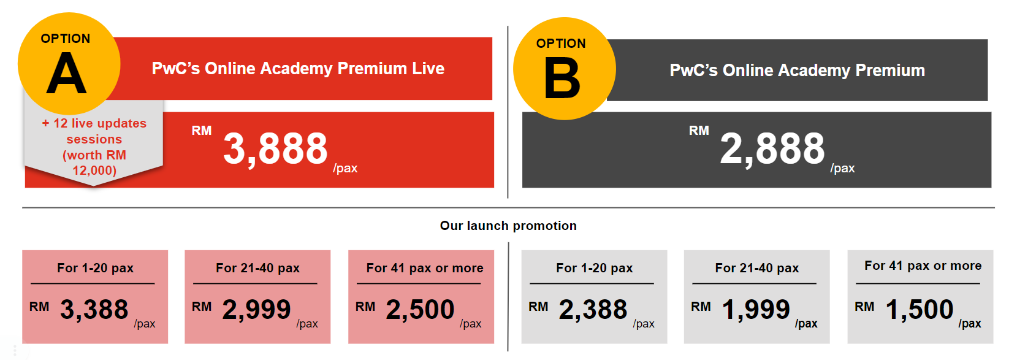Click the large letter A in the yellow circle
tap(66, 73)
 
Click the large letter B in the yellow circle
tap(562, 78)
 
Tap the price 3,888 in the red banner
tap(275, 148)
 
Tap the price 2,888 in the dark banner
tap(772, 148)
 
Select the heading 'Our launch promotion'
tap(508, 225)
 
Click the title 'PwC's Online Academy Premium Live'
tap(298, 69)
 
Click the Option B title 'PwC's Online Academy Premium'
tap(797, 71)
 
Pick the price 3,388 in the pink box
tap(94, 310)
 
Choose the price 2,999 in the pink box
tap(256, 310)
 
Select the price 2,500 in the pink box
tap(420, 310)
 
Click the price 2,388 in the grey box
tap(593, 310)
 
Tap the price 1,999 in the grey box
tap(756, 310)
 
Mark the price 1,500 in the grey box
tap(920, 310)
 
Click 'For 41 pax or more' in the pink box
tap(425, 268)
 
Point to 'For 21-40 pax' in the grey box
tap(756, 268)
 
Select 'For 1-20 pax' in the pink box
tap(95, 268)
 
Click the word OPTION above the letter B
tap(561, 44)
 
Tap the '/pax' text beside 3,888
tap(345, 169)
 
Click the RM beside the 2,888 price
tap(699, 131)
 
